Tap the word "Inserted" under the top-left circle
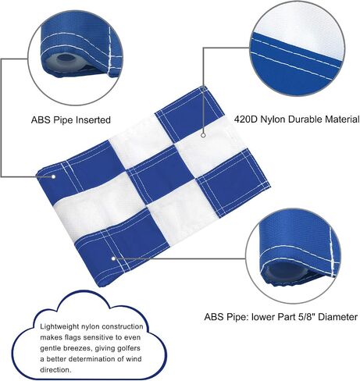point(93,120)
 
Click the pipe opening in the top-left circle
point(62,57)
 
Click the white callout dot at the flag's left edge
point(53,176)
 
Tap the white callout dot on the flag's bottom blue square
point(113,258)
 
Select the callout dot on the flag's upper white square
point(204,135)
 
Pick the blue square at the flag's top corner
point(190,114)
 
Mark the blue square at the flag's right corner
point(233,183)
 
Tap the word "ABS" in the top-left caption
point(40,120)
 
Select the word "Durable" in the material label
point(305,119)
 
